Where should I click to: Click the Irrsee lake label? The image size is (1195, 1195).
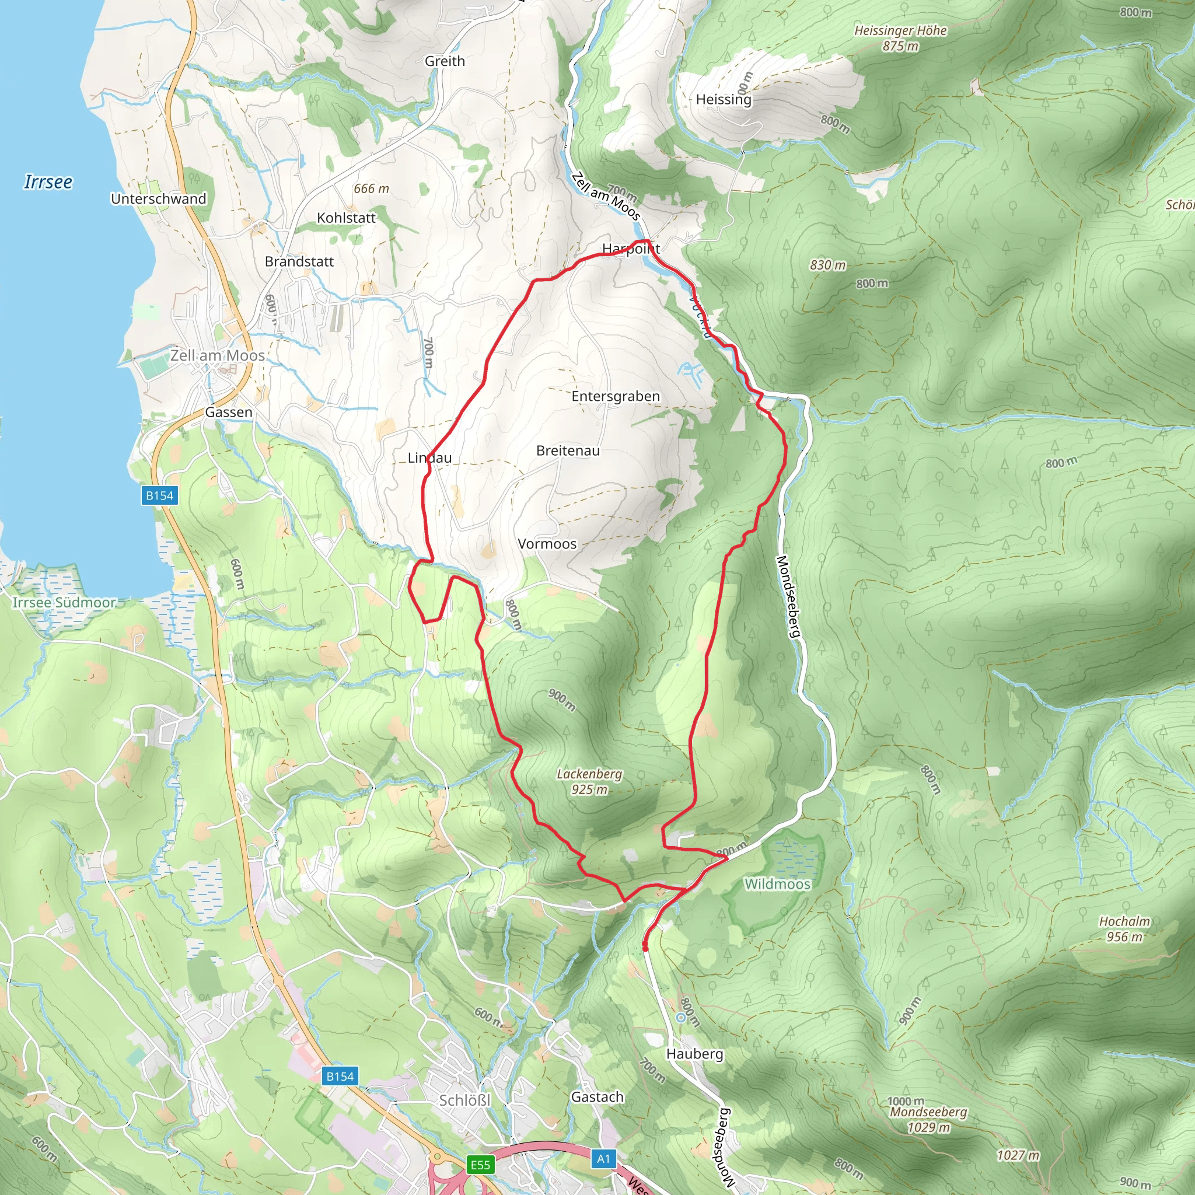(x=48, y=182)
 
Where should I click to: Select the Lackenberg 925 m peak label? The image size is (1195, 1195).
(x=589, y=781)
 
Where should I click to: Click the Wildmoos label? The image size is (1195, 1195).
(x=777, y=884)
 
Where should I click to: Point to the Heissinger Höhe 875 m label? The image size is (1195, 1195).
(x=900, y=38)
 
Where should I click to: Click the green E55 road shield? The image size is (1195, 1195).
(x=480, y=1165)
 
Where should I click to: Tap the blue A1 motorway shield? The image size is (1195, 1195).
(x=603, y=1158)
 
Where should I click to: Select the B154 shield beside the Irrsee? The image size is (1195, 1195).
(x=159, y=495)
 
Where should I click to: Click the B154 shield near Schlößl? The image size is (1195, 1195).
(x=340, y=1076)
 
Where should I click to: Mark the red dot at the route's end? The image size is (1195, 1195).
(x=645, y=947)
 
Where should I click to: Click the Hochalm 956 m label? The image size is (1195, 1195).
(x=1124, y=929)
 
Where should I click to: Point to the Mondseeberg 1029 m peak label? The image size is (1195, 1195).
(x=928, y=1119)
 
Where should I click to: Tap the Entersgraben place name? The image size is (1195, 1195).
(x=616, y=396)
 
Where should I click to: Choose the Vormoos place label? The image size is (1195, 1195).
(x=547, y=544)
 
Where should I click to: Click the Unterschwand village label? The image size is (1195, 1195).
(x=158, y=198)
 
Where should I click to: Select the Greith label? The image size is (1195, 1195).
(x=445, y=61)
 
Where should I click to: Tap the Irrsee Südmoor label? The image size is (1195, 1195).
(x=64, y=602)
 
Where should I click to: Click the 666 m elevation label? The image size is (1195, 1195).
(x=371, y=188)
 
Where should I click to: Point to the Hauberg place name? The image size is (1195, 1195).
(x=694, y=1053)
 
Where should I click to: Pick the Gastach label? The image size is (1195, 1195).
(x=597, y=1096)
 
